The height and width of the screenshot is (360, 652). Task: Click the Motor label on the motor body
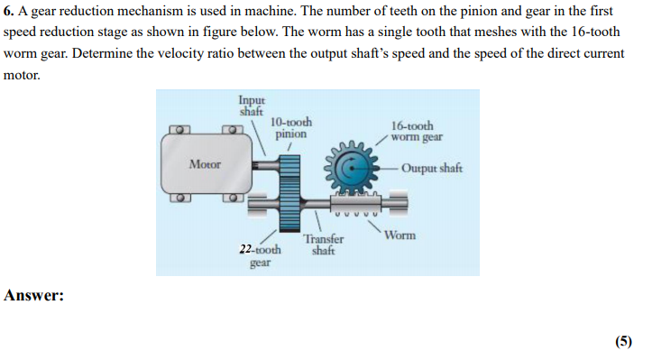click(205, 164)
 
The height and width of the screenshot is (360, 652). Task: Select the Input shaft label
click(251, 105)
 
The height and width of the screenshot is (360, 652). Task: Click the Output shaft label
click(431, 169)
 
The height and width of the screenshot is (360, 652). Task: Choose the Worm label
click(399, 235)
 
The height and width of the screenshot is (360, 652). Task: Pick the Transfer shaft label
click(323, 245)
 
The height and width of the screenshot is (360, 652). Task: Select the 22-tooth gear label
click(260, 254)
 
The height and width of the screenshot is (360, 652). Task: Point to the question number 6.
click(8, 11)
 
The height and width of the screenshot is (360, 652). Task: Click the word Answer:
click(34, 295)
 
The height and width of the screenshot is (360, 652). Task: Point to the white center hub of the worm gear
click(352, 169)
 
